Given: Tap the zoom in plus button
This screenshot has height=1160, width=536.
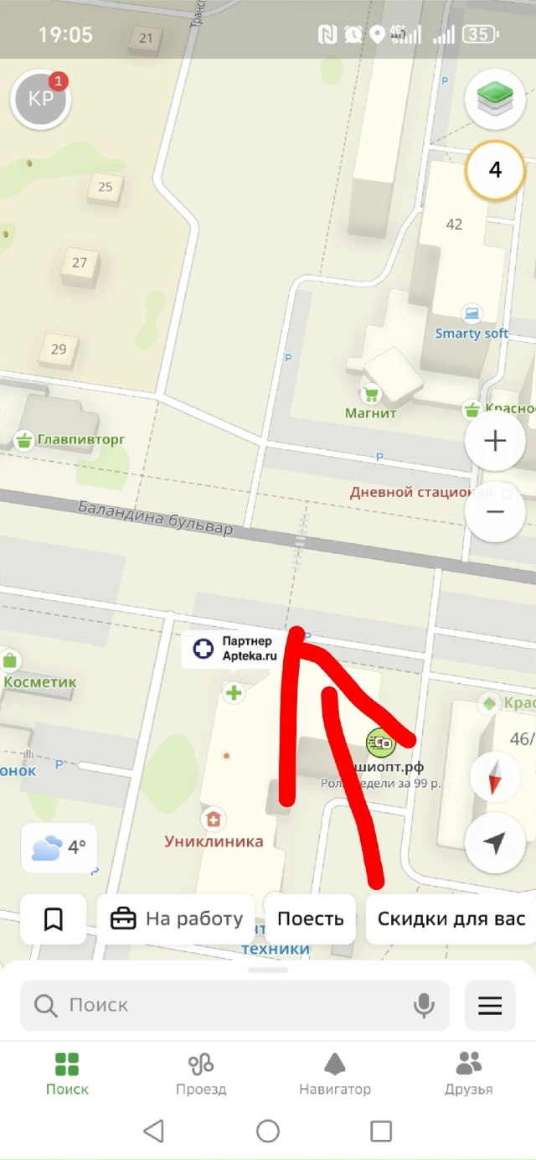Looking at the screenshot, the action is click(495, 441).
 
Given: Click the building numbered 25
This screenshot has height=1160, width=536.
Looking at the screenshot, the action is click(105, 187).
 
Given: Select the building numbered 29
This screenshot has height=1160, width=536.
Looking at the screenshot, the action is click(59, 349).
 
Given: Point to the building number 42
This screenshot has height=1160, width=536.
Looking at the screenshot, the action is click(454, 225).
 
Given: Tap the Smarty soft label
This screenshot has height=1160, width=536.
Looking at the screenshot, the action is click(472, 333).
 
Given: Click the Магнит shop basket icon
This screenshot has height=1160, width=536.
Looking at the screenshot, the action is click(370, 392).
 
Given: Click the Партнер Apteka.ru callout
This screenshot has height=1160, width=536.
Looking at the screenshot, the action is click(231, 649).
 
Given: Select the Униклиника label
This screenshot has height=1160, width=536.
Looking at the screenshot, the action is click(214, 841).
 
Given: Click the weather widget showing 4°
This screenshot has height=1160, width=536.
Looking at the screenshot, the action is click(59, 847).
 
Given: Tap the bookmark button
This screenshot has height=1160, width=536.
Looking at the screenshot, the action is click(54, 919).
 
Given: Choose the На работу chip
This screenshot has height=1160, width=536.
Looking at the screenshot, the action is click(176, 919).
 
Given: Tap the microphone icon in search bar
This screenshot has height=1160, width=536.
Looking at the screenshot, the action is click(425, 1005).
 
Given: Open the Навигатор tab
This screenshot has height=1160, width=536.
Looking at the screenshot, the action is click(335, 1074).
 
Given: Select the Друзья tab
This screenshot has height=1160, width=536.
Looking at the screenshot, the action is click(468, 1074).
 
